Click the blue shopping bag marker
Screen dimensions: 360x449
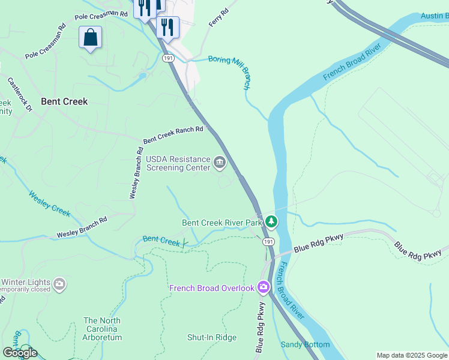90,37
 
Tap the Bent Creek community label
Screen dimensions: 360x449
64,101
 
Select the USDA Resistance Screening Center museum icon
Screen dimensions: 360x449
220,162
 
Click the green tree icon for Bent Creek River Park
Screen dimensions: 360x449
271,223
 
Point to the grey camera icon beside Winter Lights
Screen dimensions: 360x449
59,284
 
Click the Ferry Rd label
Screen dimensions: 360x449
218,19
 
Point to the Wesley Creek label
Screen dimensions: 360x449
50,203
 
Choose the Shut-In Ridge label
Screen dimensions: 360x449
212,337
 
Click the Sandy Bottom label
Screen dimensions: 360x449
305,344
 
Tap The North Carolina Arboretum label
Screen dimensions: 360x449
102,329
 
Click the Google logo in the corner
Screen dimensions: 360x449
20,352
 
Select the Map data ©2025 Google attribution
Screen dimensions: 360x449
412,355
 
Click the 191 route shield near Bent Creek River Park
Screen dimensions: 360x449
268,241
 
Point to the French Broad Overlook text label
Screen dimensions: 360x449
212,288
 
